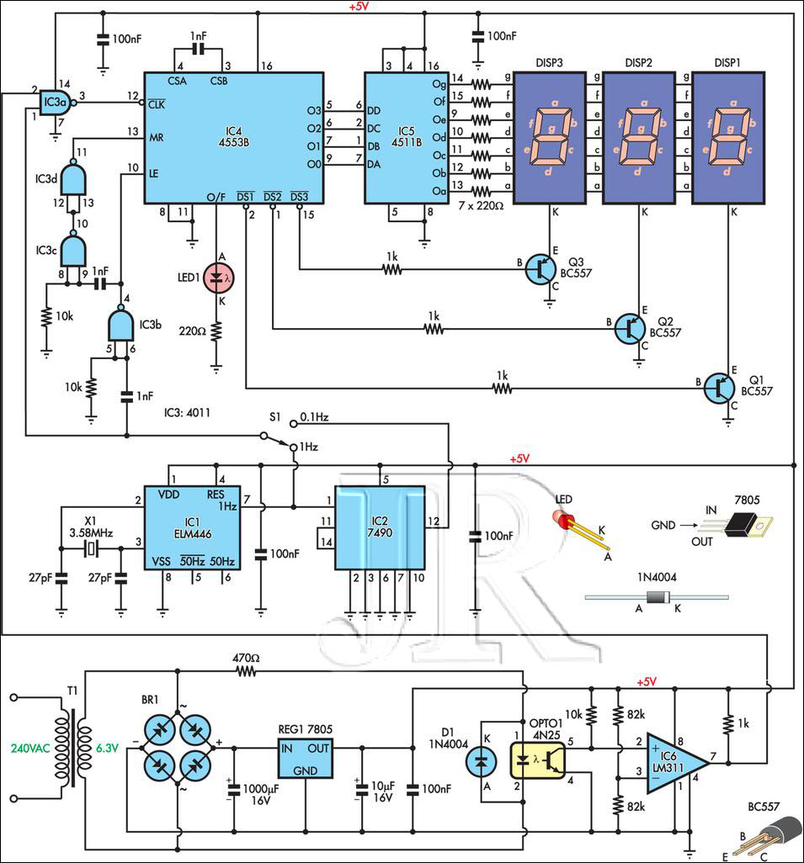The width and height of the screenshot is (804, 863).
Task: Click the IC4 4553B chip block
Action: tap(234, 138)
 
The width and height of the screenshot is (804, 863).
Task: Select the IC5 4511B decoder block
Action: tap(406, 138)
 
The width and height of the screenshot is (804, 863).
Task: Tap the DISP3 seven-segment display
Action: tap(550, 138)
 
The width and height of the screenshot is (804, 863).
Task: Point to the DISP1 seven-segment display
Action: tap(728, 138)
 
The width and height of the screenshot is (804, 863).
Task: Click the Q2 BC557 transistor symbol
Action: tap(630, 329)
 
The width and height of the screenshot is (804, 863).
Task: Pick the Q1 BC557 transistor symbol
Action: tap(719, 388)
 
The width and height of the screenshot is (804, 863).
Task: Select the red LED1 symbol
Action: tap(218, 278)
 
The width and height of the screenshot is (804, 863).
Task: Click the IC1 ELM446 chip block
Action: tap(192, 528)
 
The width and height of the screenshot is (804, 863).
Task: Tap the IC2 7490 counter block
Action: tap(380, 528)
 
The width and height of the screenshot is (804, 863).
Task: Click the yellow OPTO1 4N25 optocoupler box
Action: tap(538, 760)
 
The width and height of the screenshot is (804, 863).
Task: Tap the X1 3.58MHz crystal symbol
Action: tap(91, 548)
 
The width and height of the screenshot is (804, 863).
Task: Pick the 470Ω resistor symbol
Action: tap(246, 671)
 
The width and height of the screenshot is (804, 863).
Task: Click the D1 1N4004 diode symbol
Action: tap(481, 762)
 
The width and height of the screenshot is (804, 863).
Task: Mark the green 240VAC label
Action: tap(30, 749)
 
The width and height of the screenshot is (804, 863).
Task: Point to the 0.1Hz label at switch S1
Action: tap(315, 417)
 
